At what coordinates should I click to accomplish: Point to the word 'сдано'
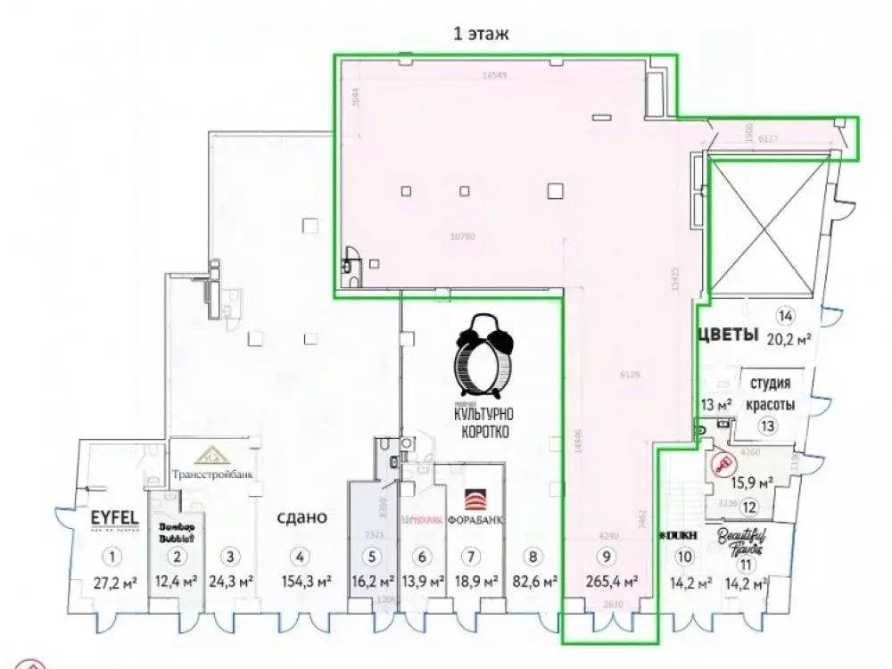[301, 516]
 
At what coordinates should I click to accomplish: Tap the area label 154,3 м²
[301, 583]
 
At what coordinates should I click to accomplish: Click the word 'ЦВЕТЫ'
[726, 335]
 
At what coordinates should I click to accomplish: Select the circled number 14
[786, 314]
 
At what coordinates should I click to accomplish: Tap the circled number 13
[768, 425]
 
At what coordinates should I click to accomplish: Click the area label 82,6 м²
[533, 583]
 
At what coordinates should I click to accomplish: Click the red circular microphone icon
[723, 465]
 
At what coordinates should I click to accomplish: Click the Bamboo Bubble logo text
[177, 532]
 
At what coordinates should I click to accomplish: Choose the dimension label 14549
[493, 76]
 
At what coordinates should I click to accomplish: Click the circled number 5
[371, 557]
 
